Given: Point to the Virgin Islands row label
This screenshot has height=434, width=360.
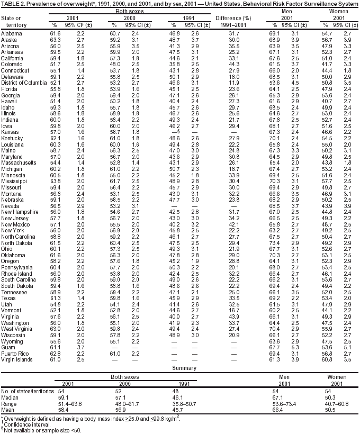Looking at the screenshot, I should pyautogui.click(x=16, y=359).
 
